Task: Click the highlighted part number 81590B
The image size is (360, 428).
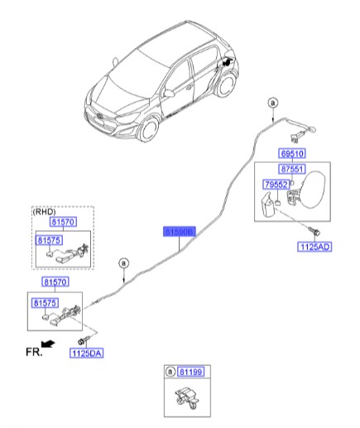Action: coord(178,233)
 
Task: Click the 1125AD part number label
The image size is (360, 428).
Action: coord(315,246)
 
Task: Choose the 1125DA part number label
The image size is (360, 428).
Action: coord(86,353)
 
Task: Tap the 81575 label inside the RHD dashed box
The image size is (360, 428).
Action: coord(49,240)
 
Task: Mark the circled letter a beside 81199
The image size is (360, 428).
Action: coord(170,374)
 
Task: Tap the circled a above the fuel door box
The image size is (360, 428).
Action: coord(272,102)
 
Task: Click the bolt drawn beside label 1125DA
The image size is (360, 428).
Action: coord(81,340)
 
